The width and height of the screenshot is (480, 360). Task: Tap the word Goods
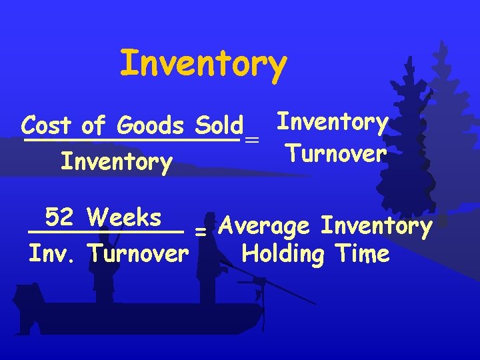pos(149,125)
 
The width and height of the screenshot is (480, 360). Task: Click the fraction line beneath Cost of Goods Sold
pos(131,140)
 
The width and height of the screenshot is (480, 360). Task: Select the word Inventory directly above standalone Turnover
pos(333,123)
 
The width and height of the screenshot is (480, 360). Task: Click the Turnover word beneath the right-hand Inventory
pos(335,154)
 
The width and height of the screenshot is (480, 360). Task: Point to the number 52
pos(60,217)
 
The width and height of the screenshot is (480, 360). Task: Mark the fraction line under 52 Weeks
pos(105,231)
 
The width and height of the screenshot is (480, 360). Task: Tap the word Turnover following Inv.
pos(137,254)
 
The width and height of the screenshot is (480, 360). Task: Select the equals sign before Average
pos(199,231)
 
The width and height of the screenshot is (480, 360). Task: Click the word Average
pos(264,227)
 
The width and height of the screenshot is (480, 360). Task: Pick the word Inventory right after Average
pos(377,226)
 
